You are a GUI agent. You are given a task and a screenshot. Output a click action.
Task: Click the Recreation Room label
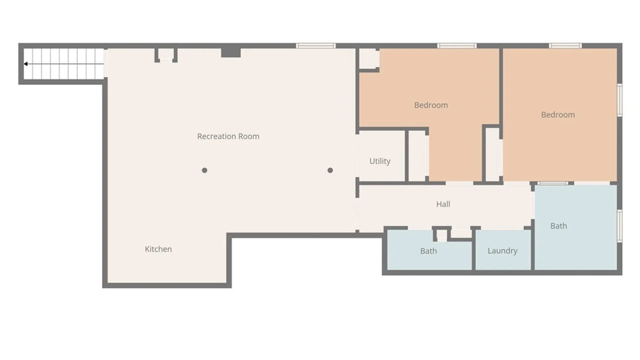228,136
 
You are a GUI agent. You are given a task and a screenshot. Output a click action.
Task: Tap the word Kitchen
158,249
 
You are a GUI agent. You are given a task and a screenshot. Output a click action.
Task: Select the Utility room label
380,161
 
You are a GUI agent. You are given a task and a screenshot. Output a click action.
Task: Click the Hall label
443,204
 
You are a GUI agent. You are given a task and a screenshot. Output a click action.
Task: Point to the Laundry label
502,251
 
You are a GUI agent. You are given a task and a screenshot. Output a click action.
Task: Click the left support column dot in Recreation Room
205,170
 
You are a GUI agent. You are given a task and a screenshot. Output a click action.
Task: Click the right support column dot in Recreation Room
330,170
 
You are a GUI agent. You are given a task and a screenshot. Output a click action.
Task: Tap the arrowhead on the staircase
26,64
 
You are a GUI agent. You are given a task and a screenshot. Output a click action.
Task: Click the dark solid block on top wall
231,52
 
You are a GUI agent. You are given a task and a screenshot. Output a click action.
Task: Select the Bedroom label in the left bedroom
431,105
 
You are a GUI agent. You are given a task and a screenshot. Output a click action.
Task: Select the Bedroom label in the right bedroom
558,115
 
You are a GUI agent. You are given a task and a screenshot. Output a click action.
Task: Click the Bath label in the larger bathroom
558,226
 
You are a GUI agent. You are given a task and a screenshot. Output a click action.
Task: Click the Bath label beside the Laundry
428,251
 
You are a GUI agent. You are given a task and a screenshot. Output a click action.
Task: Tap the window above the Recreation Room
316,46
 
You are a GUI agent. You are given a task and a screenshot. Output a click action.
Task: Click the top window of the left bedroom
457,46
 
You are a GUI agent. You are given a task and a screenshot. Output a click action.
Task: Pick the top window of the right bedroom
565,46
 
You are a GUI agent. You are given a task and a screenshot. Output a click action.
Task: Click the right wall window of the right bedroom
619,100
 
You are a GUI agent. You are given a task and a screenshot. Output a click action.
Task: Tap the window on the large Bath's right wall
619,226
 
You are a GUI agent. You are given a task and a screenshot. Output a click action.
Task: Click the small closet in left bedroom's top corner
368,59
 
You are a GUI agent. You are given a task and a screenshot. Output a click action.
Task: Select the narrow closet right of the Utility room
417,156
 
